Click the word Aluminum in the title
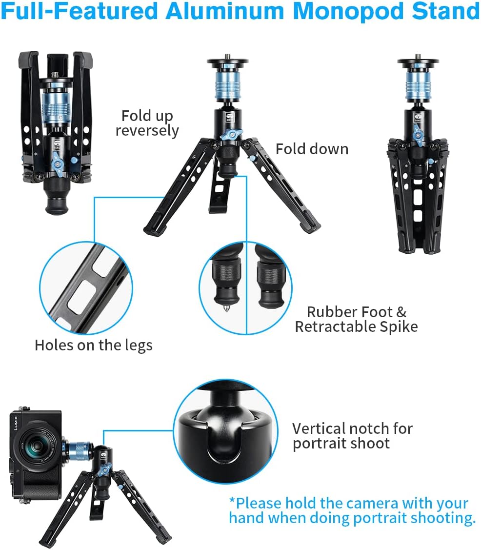[x=222, y=11]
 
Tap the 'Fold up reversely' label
[x=147, y=123]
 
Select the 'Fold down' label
[x=312, y=149]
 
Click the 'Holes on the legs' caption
[x=93, y=345]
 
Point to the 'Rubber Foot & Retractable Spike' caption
[x=356, y=319]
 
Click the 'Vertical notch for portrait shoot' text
[x=352, y=436]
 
